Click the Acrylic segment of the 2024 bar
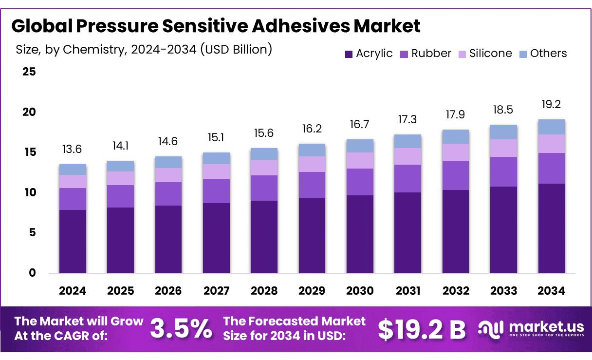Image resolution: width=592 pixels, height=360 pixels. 73,241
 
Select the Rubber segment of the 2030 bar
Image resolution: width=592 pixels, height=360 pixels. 360,182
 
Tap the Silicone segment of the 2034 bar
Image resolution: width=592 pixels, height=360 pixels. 552,144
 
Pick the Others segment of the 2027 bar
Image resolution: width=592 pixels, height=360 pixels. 216,158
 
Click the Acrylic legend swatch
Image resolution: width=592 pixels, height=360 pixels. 349,54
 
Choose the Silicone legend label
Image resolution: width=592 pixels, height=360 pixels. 490,54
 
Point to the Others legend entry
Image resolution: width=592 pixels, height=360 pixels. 543,54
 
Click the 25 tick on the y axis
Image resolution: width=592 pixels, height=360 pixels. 29,72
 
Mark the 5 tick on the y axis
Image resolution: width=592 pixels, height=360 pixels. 32,233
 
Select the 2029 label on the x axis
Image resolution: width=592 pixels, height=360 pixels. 312,291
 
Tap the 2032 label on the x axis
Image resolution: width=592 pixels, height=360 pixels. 456,291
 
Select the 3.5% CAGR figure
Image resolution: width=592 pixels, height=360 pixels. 181,329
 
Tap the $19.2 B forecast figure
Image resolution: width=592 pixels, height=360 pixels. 422,329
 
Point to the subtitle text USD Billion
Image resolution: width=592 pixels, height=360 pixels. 236,49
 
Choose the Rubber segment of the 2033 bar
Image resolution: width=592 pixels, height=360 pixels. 503,171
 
